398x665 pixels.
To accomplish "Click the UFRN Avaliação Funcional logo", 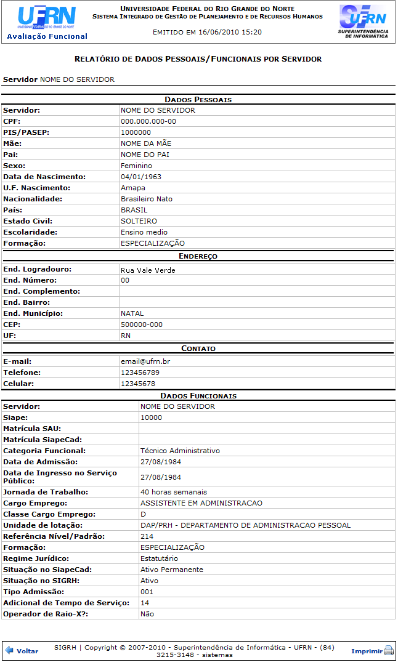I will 47,22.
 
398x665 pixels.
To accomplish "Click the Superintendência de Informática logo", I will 363,22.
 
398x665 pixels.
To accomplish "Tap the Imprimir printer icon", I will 388,651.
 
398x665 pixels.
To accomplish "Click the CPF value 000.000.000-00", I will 148,121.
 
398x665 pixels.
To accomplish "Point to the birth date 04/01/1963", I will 140,177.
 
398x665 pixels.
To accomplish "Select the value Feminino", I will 136,166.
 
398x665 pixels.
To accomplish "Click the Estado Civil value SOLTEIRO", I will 139,221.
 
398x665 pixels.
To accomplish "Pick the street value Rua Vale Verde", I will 148,270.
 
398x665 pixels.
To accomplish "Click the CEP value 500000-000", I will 142,324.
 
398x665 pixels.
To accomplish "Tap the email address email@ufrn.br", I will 145,361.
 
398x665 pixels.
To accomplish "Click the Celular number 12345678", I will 138,384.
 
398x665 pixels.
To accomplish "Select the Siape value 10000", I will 151,417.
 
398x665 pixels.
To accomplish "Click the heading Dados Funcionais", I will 198,396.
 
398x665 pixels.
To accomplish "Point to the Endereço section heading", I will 198,256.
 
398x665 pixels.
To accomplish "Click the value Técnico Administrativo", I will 180,451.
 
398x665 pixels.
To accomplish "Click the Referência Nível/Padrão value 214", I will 147,536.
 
